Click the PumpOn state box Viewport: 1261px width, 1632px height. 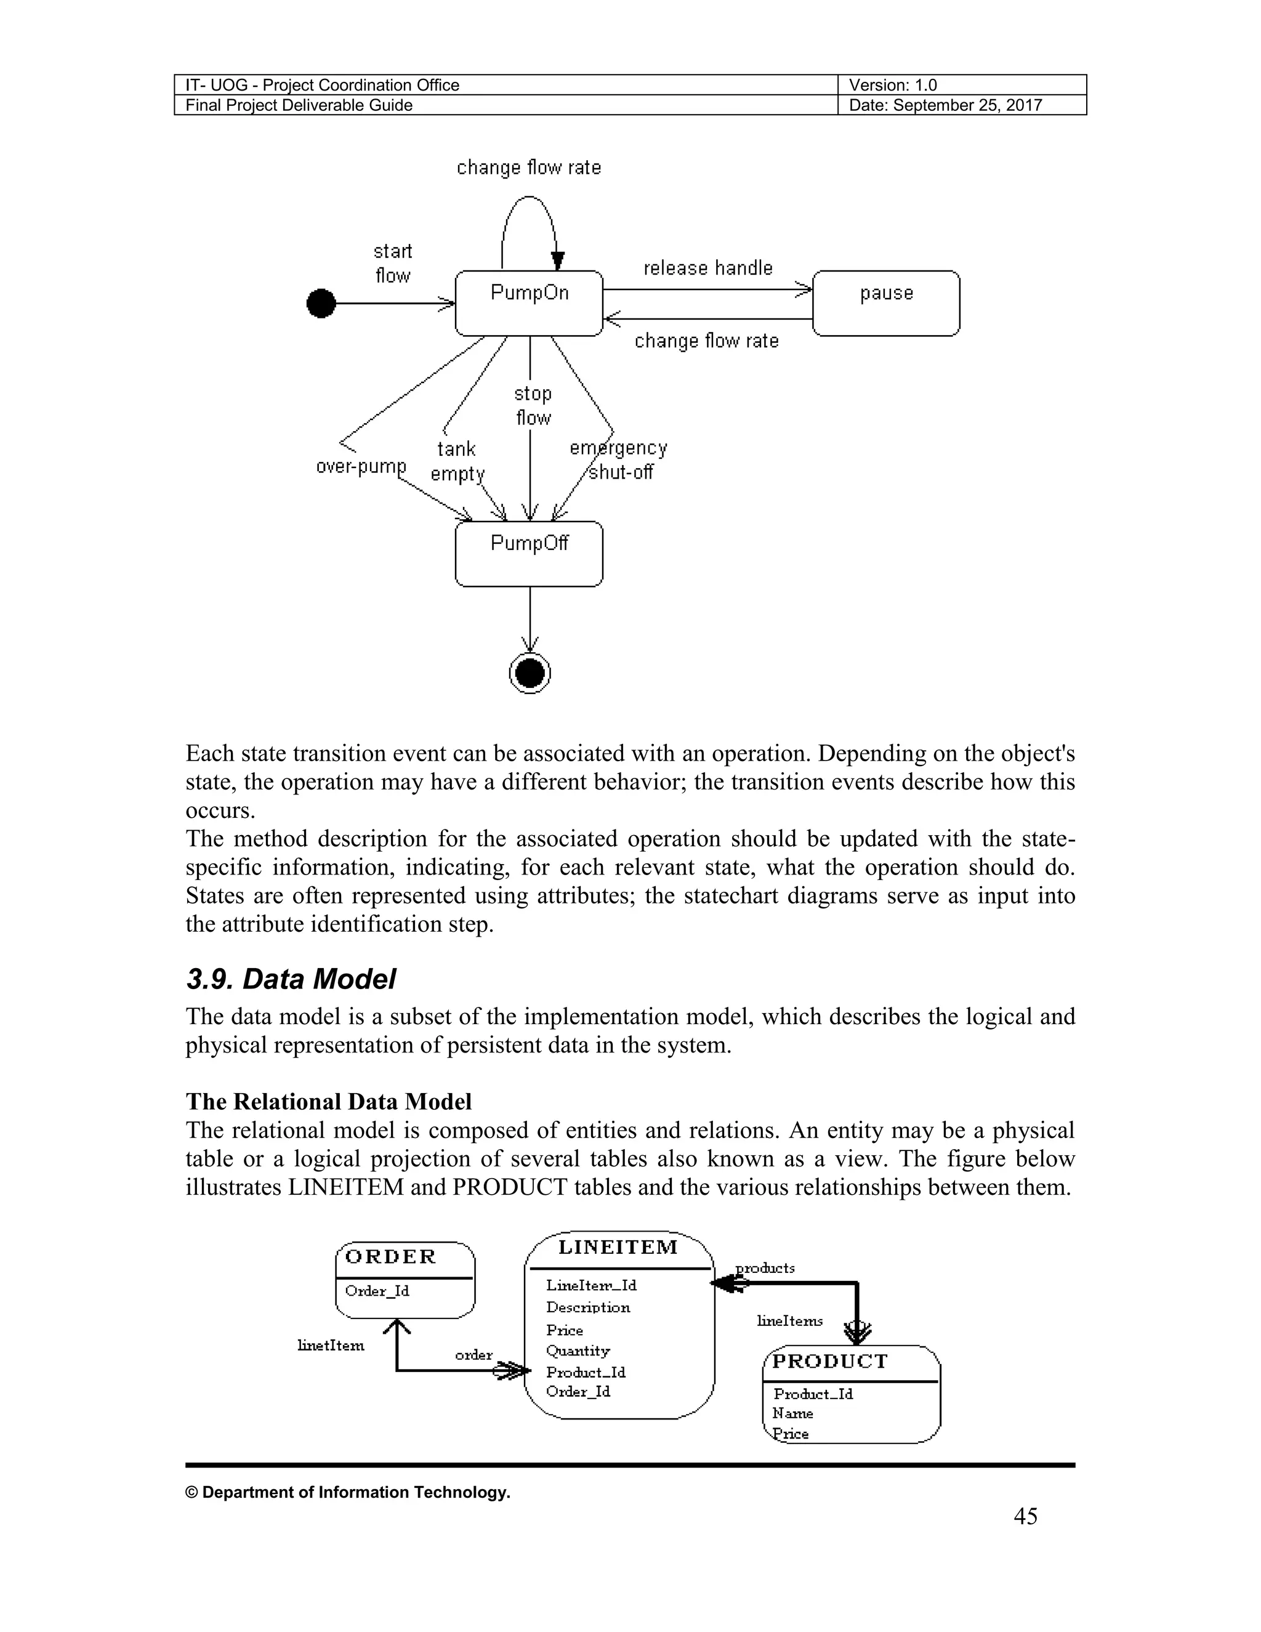click(529, 302)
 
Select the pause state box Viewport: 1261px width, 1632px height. click(886, 302)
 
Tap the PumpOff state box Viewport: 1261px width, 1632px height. click(529, 554)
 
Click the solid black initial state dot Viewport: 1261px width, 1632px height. click(321, 304)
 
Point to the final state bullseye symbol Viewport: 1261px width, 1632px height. click(530, 673)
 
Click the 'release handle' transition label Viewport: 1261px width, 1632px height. click(707, 267)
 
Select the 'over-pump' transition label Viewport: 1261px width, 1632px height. click(361, 466)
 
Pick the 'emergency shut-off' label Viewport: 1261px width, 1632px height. click(619, 459)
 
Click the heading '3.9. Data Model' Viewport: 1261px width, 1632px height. click(291, 979)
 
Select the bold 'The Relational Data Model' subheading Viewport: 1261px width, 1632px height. click(329, 1102)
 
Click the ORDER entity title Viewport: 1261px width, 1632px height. click(391, 1256)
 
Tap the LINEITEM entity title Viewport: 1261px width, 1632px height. click(618, 1246)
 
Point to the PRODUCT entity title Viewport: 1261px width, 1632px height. click(830, 1361)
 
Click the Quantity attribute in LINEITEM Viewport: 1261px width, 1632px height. click(578, 1351)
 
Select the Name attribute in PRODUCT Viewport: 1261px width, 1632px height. click(792, 1413)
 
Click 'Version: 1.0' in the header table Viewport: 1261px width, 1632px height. click(893, 85)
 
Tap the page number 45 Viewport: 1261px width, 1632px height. click(1025, 1516)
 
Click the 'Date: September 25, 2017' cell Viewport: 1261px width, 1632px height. click(945, 105)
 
